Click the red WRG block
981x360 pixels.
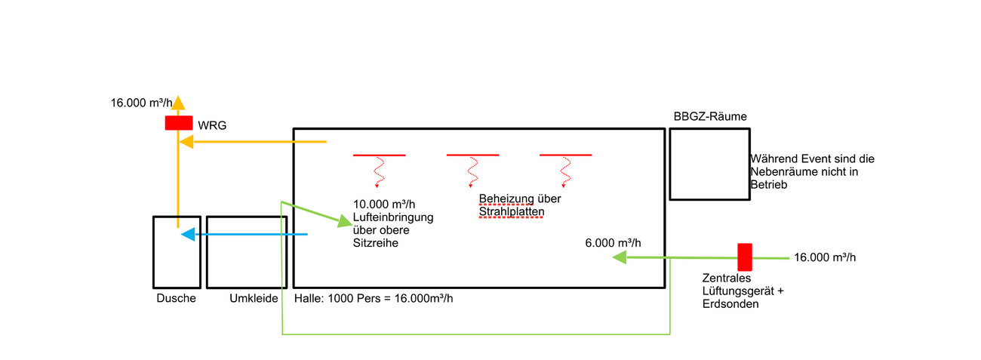[179, 122]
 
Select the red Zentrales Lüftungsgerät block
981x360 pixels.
[745, 257]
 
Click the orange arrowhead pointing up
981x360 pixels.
[178, 102]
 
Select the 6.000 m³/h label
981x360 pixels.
[613, 243]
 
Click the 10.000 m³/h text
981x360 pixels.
[385, 204]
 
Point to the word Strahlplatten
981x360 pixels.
[511, 212]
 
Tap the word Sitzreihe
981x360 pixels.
[375, 245]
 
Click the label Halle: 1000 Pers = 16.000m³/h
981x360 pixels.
[374, 298]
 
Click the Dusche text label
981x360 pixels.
[176, 298]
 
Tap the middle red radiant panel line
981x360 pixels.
[472, 155]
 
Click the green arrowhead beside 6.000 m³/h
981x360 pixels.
[620, 258]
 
